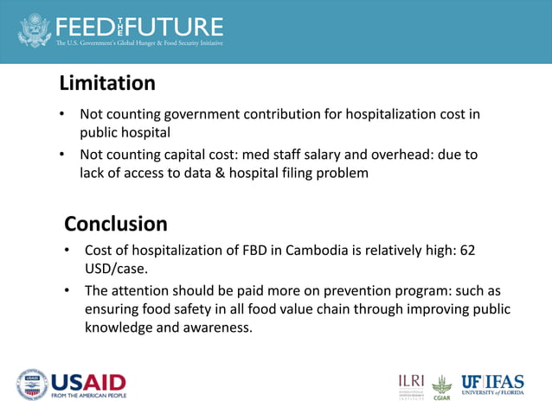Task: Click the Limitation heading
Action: tap(107, 84)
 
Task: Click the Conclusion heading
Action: tap(116, 224)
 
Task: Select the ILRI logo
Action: tap(412, 385)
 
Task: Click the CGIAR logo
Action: tap(442, 387)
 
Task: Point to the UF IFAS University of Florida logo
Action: tap(492, 384)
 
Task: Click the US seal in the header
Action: tap(35, 30)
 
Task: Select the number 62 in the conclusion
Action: tap(467, 250)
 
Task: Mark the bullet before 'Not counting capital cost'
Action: tap(62, 155)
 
